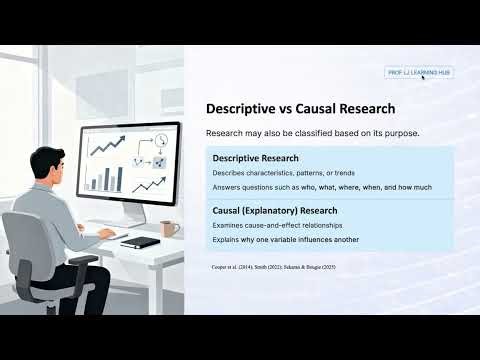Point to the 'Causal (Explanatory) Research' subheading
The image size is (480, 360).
click(274, 211)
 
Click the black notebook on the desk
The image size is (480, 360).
click(139, 242)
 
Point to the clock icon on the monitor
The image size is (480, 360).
click(161, 139)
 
